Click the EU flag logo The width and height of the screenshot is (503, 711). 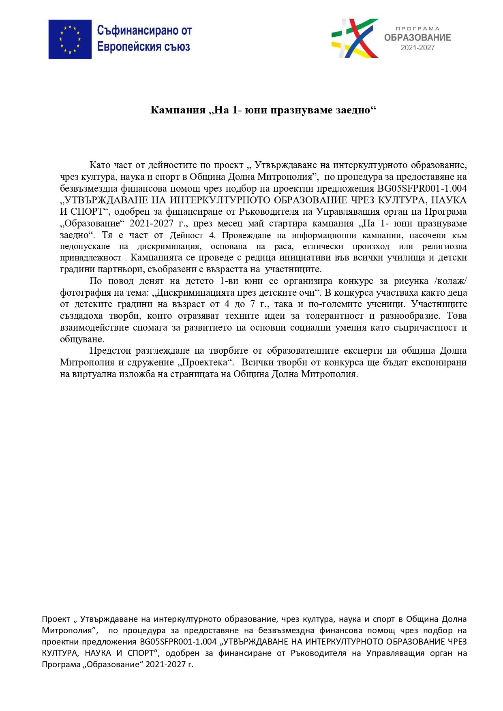(70, 39)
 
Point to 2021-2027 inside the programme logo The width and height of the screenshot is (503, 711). (417, 48)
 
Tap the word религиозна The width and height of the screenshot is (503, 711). (444, 246)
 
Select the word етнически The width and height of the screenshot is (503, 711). (323, 246)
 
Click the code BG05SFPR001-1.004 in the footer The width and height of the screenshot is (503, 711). (178, 642)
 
